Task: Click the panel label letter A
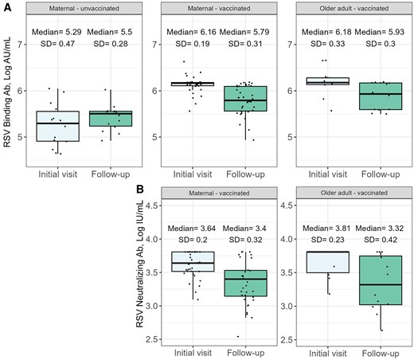[6, 6]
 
